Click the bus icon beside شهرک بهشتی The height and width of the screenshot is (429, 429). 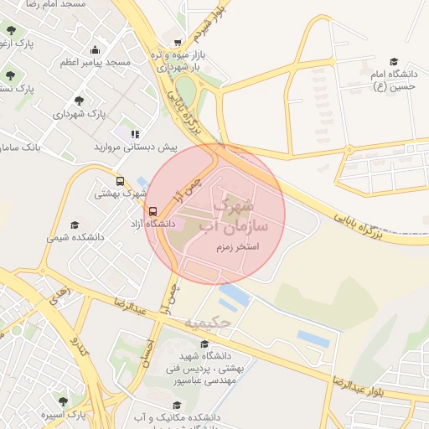(120, 181)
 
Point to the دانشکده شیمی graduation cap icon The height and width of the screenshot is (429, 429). (74, 225)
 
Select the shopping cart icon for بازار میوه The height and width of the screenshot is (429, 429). (178, 42)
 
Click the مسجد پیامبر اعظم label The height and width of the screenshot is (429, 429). (95, 62)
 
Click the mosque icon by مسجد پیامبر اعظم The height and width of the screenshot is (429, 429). (95, 49)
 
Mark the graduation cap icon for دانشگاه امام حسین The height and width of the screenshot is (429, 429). (394, 61)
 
